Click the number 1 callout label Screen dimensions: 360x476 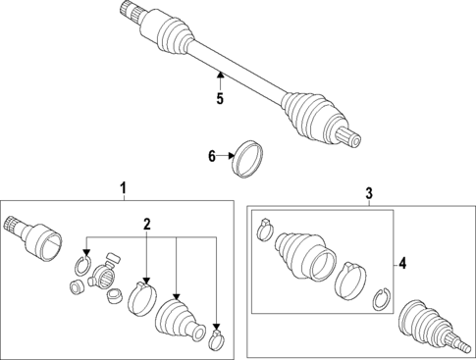(124, 187)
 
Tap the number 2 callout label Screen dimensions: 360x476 (146, 225)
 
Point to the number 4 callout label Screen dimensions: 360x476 (401, 262)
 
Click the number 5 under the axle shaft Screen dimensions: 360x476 (220, 98)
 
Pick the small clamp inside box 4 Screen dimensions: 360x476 (264, 231)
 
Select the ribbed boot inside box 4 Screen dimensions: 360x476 (301, 257)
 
